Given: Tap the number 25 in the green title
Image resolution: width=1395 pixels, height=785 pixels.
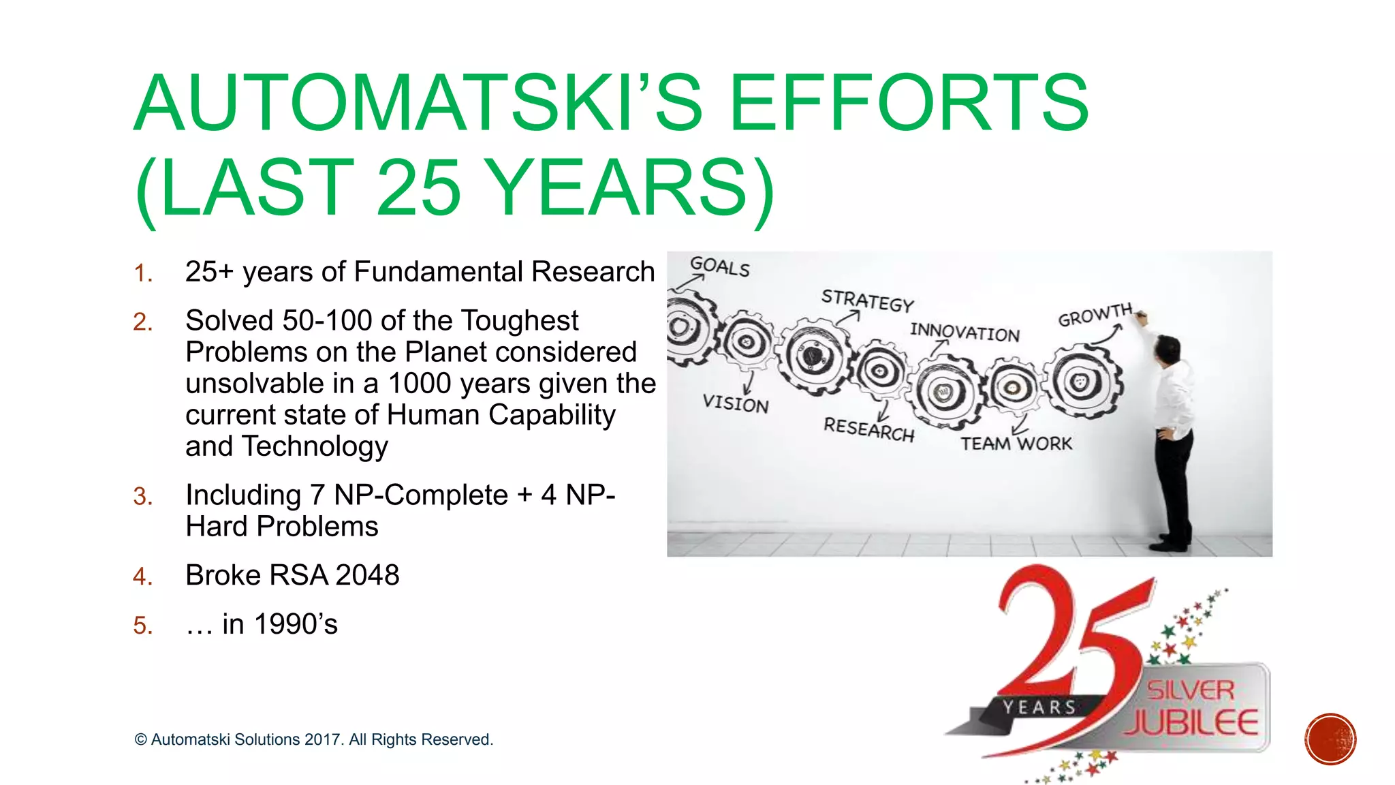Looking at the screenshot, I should (418, 187).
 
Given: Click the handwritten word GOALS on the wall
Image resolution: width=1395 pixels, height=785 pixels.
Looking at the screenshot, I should (719, 266).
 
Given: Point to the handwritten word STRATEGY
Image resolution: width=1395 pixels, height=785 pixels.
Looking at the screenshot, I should (867, 301).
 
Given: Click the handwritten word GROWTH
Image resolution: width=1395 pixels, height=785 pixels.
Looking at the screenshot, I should (1094, 315).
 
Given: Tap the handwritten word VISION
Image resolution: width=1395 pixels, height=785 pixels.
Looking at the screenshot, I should (736, 403).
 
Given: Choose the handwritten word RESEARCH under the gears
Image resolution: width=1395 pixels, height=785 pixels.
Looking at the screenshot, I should (868, 429).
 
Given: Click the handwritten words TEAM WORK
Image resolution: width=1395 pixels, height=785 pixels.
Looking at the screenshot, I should (1016, 444).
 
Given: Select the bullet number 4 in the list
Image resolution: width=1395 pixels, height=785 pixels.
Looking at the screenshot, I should (142, 577).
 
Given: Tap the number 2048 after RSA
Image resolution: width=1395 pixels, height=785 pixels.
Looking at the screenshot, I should (367, 575).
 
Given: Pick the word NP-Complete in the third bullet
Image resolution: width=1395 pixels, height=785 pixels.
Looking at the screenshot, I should (421, 495).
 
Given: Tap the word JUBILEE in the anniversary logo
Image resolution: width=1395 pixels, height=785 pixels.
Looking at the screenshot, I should (1191, 723).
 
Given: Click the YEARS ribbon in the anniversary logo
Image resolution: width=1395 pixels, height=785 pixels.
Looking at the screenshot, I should (1039, 708).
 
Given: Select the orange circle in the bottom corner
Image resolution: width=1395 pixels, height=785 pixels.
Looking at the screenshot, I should (1330, 739).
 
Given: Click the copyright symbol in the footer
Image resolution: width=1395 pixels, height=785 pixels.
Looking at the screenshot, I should (141, 740).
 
